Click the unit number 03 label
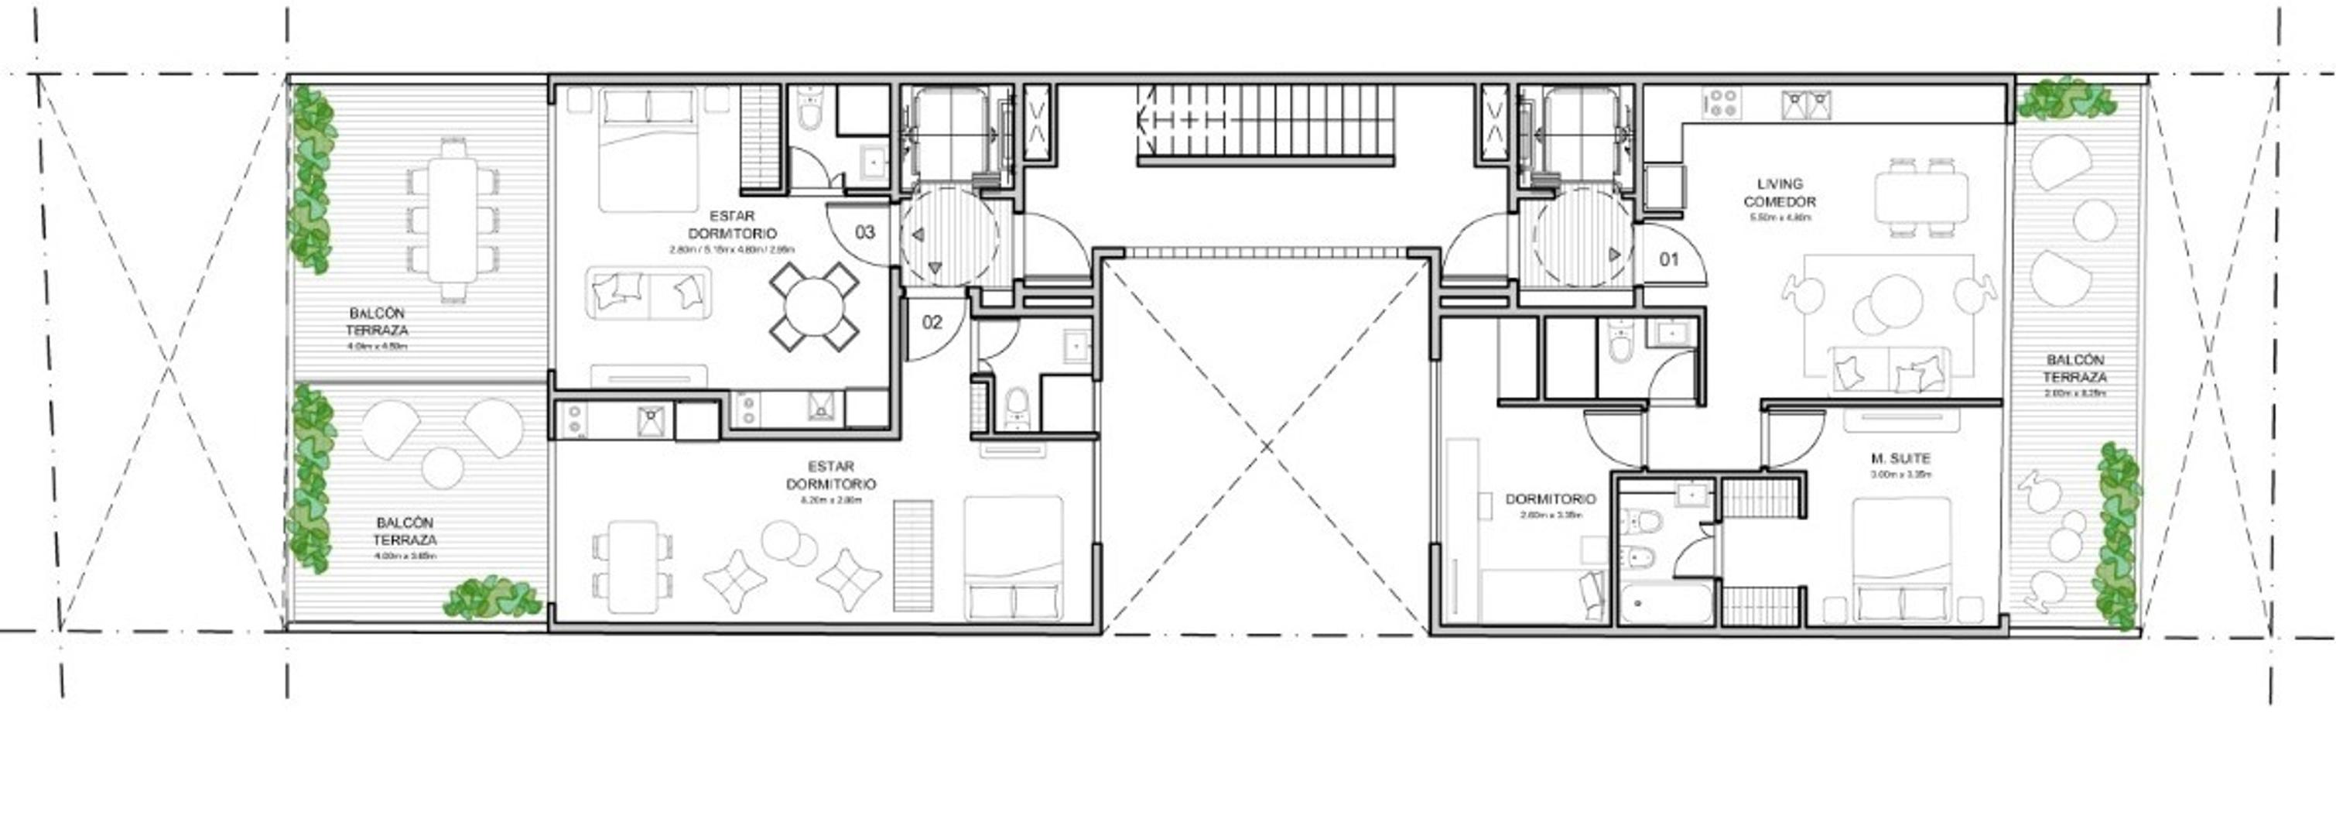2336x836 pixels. (865, 232)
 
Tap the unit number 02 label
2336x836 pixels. (932, 322)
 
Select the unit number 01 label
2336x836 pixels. (1668, 259)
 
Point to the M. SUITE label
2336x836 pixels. (1900, 459)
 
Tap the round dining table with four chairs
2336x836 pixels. (813, 307)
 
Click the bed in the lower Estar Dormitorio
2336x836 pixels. (1013, 557)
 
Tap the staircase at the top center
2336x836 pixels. (1265, 122)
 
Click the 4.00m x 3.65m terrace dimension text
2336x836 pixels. (405, 556)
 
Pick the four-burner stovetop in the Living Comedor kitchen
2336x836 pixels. (1720, 104)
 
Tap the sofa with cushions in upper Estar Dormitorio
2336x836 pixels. (648, 292)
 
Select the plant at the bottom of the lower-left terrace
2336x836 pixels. (491, 598)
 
